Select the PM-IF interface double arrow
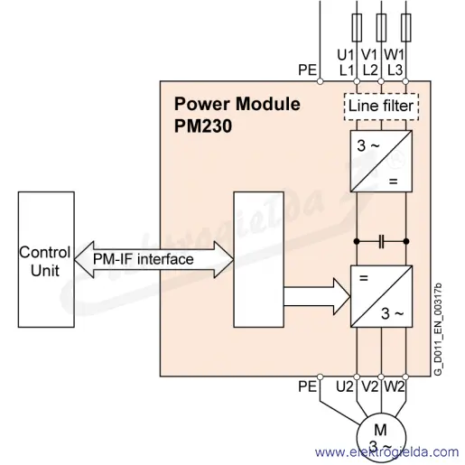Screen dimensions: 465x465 coord(153,259)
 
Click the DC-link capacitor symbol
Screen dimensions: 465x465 coord(381,241)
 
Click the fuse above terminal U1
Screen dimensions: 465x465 coord(357,27)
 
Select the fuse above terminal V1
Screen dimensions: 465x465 coord(381,27)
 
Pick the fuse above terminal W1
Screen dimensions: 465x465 coord(406,27)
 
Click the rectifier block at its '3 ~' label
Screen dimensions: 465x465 coord(368,145)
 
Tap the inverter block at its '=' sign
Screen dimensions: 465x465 coord(364,278)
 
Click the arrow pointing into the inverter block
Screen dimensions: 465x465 coord(317,297)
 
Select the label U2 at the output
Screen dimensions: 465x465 coord(344,386)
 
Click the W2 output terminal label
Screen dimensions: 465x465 coord(394,386)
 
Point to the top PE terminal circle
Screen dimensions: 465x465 coord(320,81)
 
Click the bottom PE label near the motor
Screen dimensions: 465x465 coord(307,386)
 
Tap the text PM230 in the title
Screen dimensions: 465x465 coord(203,126)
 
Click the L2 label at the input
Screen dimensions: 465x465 coord(370,70)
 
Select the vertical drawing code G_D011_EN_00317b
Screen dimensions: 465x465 coord(438,329)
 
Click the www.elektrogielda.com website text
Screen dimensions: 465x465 coord(387,452)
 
